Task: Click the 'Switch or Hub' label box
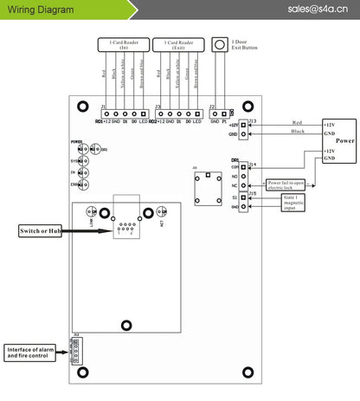(42, 230)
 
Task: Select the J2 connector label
(213, 106)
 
